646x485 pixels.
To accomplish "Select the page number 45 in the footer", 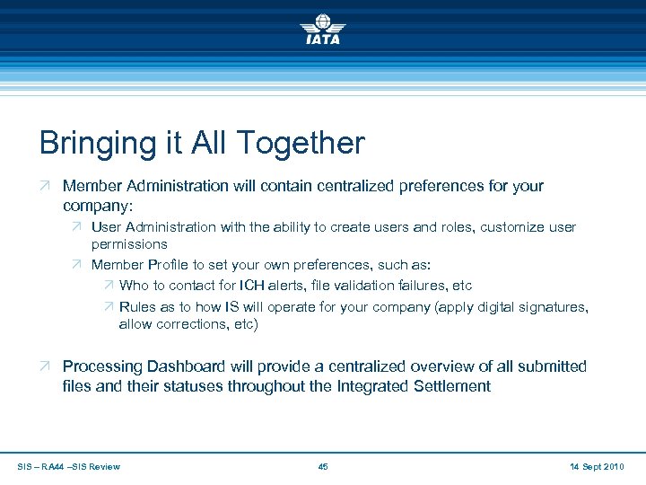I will pos(323,466).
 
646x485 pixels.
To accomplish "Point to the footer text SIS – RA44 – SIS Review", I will pos(68,466).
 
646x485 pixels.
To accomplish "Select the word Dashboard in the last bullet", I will pos(213,366).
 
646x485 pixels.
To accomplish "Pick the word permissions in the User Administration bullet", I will pos(129,244).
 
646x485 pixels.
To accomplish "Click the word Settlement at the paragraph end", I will pos(448,387).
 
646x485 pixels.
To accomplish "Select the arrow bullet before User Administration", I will pos(76,227).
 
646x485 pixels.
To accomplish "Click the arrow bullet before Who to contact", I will pos(106,286).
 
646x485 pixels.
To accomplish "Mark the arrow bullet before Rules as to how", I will pos(106,307).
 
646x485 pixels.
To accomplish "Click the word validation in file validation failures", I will pos(363,286).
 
